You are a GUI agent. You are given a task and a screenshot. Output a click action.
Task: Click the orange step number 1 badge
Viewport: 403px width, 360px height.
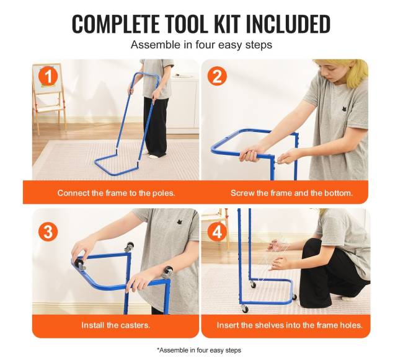(x=48, y=76)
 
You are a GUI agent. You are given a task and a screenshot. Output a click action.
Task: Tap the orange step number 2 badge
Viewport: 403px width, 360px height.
(x=217, y=76)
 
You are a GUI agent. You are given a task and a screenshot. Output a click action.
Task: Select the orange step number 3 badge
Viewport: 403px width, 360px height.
(x=48, y=232)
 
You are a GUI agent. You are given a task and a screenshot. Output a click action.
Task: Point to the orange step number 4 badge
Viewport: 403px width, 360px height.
(x=217, y=232)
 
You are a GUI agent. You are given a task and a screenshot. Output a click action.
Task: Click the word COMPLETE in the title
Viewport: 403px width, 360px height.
(x=115, y=24)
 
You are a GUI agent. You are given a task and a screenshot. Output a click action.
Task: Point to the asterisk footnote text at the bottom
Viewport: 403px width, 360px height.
(x=199, y=350)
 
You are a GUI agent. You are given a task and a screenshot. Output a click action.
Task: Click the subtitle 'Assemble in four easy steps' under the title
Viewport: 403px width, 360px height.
(x=201, y=45)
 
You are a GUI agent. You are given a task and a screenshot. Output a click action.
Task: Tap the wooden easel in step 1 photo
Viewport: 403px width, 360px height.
(x=49, y=97)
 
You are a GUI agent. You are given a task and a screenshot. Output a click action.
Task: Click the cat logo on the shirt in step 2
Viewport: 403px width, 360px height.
(x=343, y=108)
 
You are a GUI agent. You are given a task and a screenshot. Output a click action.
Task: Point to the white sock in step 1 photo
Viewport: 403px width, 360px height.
(x=153, y=156)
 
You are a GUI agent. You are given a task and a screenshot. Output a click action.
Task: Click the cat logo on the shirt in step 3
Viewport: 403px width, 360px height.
(x=180, y=222)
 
